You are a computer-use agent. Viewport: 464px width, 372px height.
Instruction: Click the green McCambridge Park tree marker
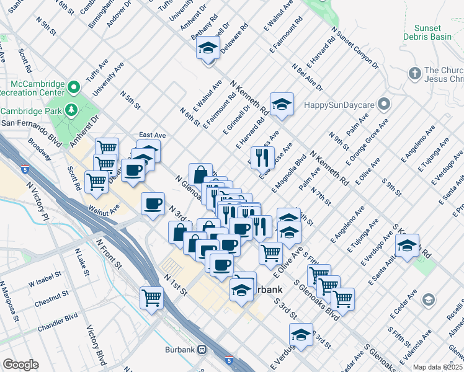click(72, 110)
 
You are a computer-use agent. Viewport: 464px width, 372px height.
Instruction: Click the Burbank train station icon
click(202, 350)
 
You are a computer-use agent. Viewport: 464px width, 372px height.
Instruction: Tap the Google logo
click(20, 365)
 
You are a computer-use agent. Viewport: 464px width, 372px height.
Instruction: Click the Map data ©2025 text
click(438, 367)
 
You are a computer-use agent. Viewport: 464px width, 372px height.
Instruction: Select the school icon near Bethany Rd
click(209, 47)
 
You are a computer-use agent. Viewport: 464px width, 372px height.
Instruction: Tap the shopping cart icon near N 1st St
click(151, 298)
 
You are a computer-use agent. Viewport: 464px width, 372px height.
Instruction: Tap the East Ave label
click(152, 135)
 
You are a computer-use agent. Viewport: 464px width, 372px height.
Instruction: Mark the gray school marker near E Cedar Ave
click(427, 301)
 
